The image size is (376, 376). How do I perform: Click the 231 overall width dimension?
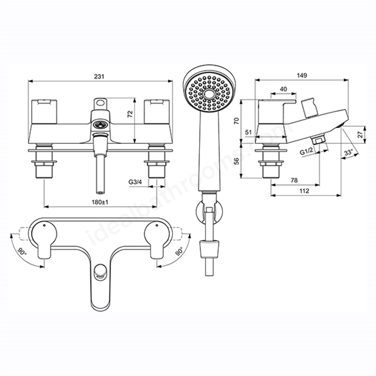pyautogui.click(x=99, y=76)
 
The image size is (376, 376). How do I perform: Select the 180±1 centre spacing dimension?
pyautogui.click(x=100, y=202)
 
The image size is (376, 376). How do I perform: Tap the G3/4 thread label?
pyautogui.click(x=135, y=182)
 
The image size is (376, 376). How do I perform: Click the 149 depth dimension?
pyautogui.click(x=301, y=75)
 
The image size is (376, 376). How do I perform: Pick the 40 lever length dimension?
pyautogui.click(x=283, y=89)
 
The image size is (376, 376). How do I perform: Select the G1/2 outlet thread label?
pyautogui.click(x=307, y=152)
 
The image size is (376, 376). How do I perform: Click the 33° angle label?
pyautogui.click(x=348, y=152)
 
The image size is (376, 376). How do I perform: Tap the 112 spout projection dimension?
pyautogui.click(x=304, y=190)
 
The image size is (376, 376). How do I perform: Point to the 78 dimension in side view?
pyautogui.click(x=294, y=180)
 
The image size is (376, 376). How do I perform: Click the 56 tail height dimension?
pyautogui.click(x=237, y=161)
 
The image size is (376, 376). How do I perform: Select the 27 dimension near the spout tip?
pyautogui.click(x=360, y=135)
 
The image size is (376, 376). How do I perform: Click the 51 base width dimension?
pyautogui.click(x=249, y=132)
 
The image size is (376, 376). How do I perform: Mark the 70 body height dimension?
pyautogui.click(x=237, y=120)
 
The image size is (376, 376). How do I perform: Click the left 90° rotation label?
pyautogui.click(x=22, y=252)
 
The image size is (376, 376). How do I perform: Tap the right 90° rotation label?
pyautogui.click(x=179, y=251)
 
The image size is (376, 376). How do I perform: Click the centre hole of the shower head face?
pyautogui.click(x=209, y=94)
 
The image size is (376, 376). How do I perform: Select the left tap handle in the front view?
pyautogui.click(x=45, y=112)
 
